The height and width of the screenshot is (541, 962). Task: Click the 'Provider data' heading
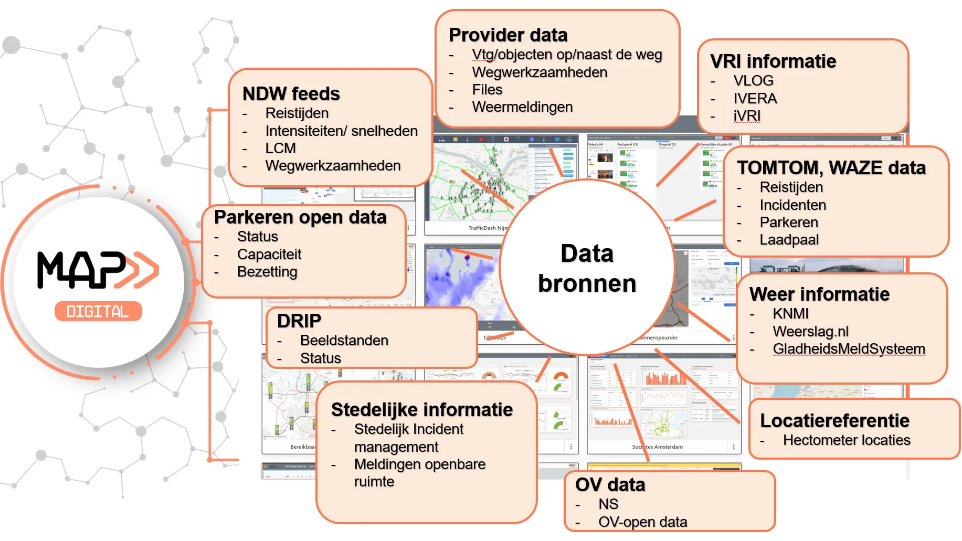tap(508, 35)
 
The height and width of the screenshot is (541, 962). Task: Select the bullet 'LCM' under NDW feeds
tap(280, 148)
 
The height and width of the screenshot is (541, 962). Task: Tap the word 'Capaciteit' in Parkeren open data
tap(269, 254)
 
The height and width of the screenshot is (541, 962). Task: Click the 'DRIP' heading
tap(299, 321)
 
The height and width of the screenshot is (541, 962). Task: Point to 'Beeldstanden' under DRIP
tap(344, 341)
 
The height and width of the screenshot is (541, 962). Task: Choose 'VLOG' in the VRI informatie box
tap(753, 81)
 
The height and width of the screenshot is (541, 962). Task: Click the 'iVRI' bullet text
tap(747, 116)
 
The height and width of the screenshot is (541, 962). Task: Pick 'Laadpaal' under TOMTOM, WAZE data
tap(789, 240)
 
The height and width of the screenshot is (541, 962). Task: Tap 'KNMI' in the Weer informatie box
tap(790, 314)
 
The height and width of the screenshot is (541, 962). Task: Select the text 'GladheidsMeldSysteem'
tap(849, 349)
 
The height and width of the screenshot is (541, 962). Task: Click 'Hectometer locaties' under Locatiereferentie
tap(847, 440)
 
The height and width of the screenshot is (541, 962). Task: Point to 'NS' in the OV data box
tap(608, 504)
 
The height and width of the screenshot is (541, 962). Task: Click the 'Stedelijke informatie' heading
tap(422, 410)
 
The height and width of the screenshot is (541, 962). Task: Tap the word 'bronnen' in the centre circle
tap(587, 284)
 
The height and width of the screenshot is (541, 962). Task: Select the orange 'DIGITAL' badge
tap(98, 312)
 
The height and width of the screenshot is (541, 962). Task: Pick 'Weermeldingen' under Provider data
tap(522, 107)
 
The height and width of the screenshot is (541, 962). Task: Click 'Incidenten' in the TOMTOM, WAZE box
tap(792, 205)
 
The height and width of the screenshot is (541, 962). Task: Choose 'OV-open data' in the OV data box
tap(642, 522)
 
